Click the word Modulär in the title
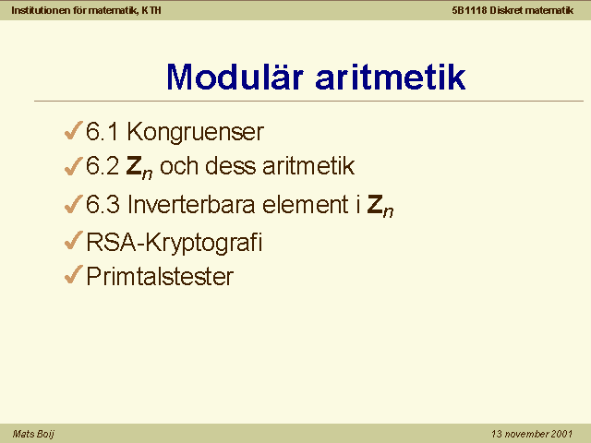[x=235, y=77]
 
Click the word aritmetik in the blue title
[x=391, y=78]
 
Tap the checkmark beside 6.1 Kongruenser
[x=74, y=130]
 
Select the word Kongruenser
[x=195, y=132]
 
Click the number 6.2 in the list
[x=103, y=166]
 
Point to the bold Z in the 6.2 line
[x=134, y=166]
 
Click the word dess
[x=230, y=166]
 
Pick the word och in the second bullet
[x=179, y=166]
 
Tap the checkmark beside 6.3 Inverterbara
[x=74, y=204]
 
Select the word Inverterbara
[x=191, y=205]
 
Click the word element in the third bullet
[x=306, y=205]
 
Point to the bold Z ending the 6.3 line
[x=375, y=205]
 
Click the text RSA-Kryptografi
[x=175, y=242]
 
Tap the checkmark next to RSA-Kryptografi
[x=74, y=240]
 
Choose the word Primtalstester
[x=160, y=277]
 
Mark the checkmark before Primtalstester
[x=74, y=274]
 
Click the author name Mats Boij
[x=33, y=434]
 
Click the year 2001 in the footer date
[x=561, y=434]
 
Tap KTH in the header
[x=151, y=10]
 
